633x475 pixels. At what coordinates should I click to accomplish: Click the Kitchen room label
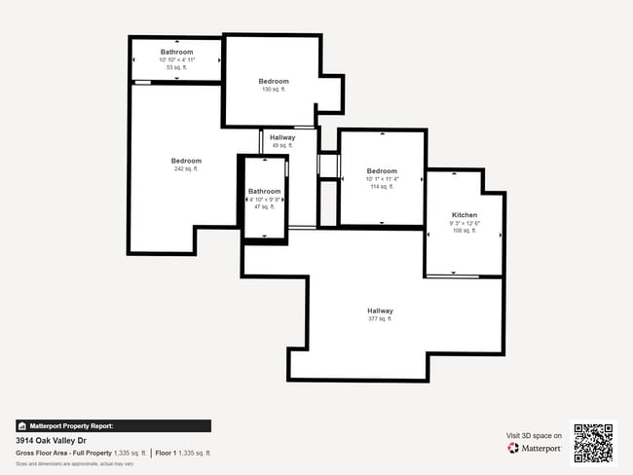[465, 214]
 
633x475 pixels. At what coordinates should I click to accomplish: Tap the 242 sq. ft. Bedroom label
[186, 161]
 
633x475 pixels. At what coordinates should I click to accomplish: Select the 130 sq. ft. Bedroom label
[274, 81]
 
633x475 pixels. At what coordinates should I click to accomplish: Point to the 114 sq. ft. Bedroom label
[382, 170]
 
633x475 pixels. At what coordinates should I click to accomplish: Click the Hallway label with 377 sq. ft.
[380, 311]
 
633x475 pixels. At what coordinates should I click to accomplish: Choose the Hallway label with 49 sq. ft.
[282, 137]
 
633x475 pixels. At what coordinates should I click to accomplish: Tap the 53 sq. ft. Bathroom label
[177, 52]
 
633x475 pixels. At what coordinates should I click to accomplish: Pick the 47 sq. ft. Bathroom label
[265, 191]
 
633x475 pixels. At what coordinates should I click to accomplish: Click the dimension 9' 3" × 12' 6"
[465, 223]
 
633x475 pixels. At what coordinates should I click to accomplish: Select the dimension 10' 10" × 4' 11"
[177, 60]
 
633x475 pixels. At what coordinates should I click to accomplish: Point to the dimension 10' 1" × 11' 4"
[382, 179]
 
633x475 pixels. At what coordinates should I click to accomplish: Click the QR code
[593, 443]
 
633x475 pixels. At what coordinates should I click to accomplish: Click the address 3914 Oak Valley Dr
[51, 440]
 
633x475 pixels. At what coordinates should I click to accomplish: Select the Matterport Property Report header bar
[113, 425]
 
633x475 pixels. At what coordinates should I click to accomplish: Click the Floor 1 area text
[183, 454]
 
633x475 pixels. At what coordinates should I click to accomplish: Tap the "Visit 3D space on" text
[534, 436]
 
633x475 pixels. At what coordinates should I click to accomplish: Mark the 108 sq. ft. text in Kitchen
[465, 232]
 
